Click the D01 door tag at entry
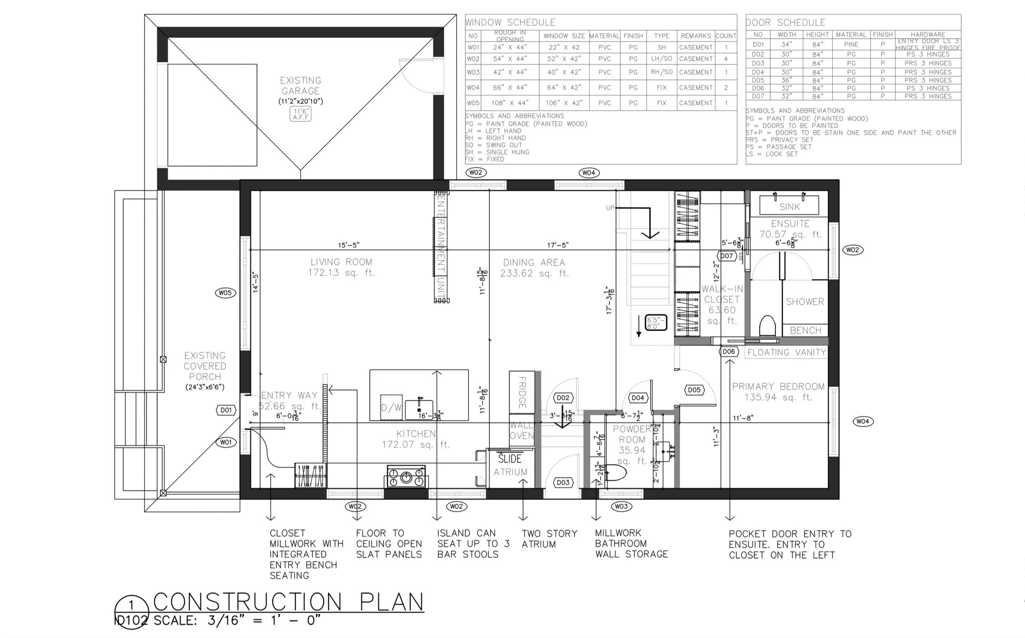click(226, 410)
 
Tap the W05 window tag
click(225, 293)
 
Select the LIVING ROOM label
click(341, 262)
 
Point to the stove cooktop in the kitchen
click(406, 477)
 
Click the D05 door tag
click(694, 390)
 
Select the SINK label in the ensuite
click(789, 207)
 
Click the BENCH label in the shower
click(805, 331)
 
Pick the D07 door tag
click(726, 256)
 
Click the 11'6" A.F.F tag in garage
click(300, 114)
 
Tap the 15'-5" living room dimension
click(348, 245)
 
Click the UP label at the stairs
click(610, 208)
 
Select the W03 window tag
click(621, 506)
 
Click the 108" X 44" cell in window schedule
click(510, 103)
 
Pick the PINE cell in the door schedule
click(851, 45)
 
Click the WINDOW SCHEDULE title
click(510, 23)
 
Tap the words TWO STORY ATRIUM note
click(549, 539)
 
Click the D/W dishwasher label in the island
click(391, 408)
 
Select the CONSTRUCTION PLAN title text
click(288, 602)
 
